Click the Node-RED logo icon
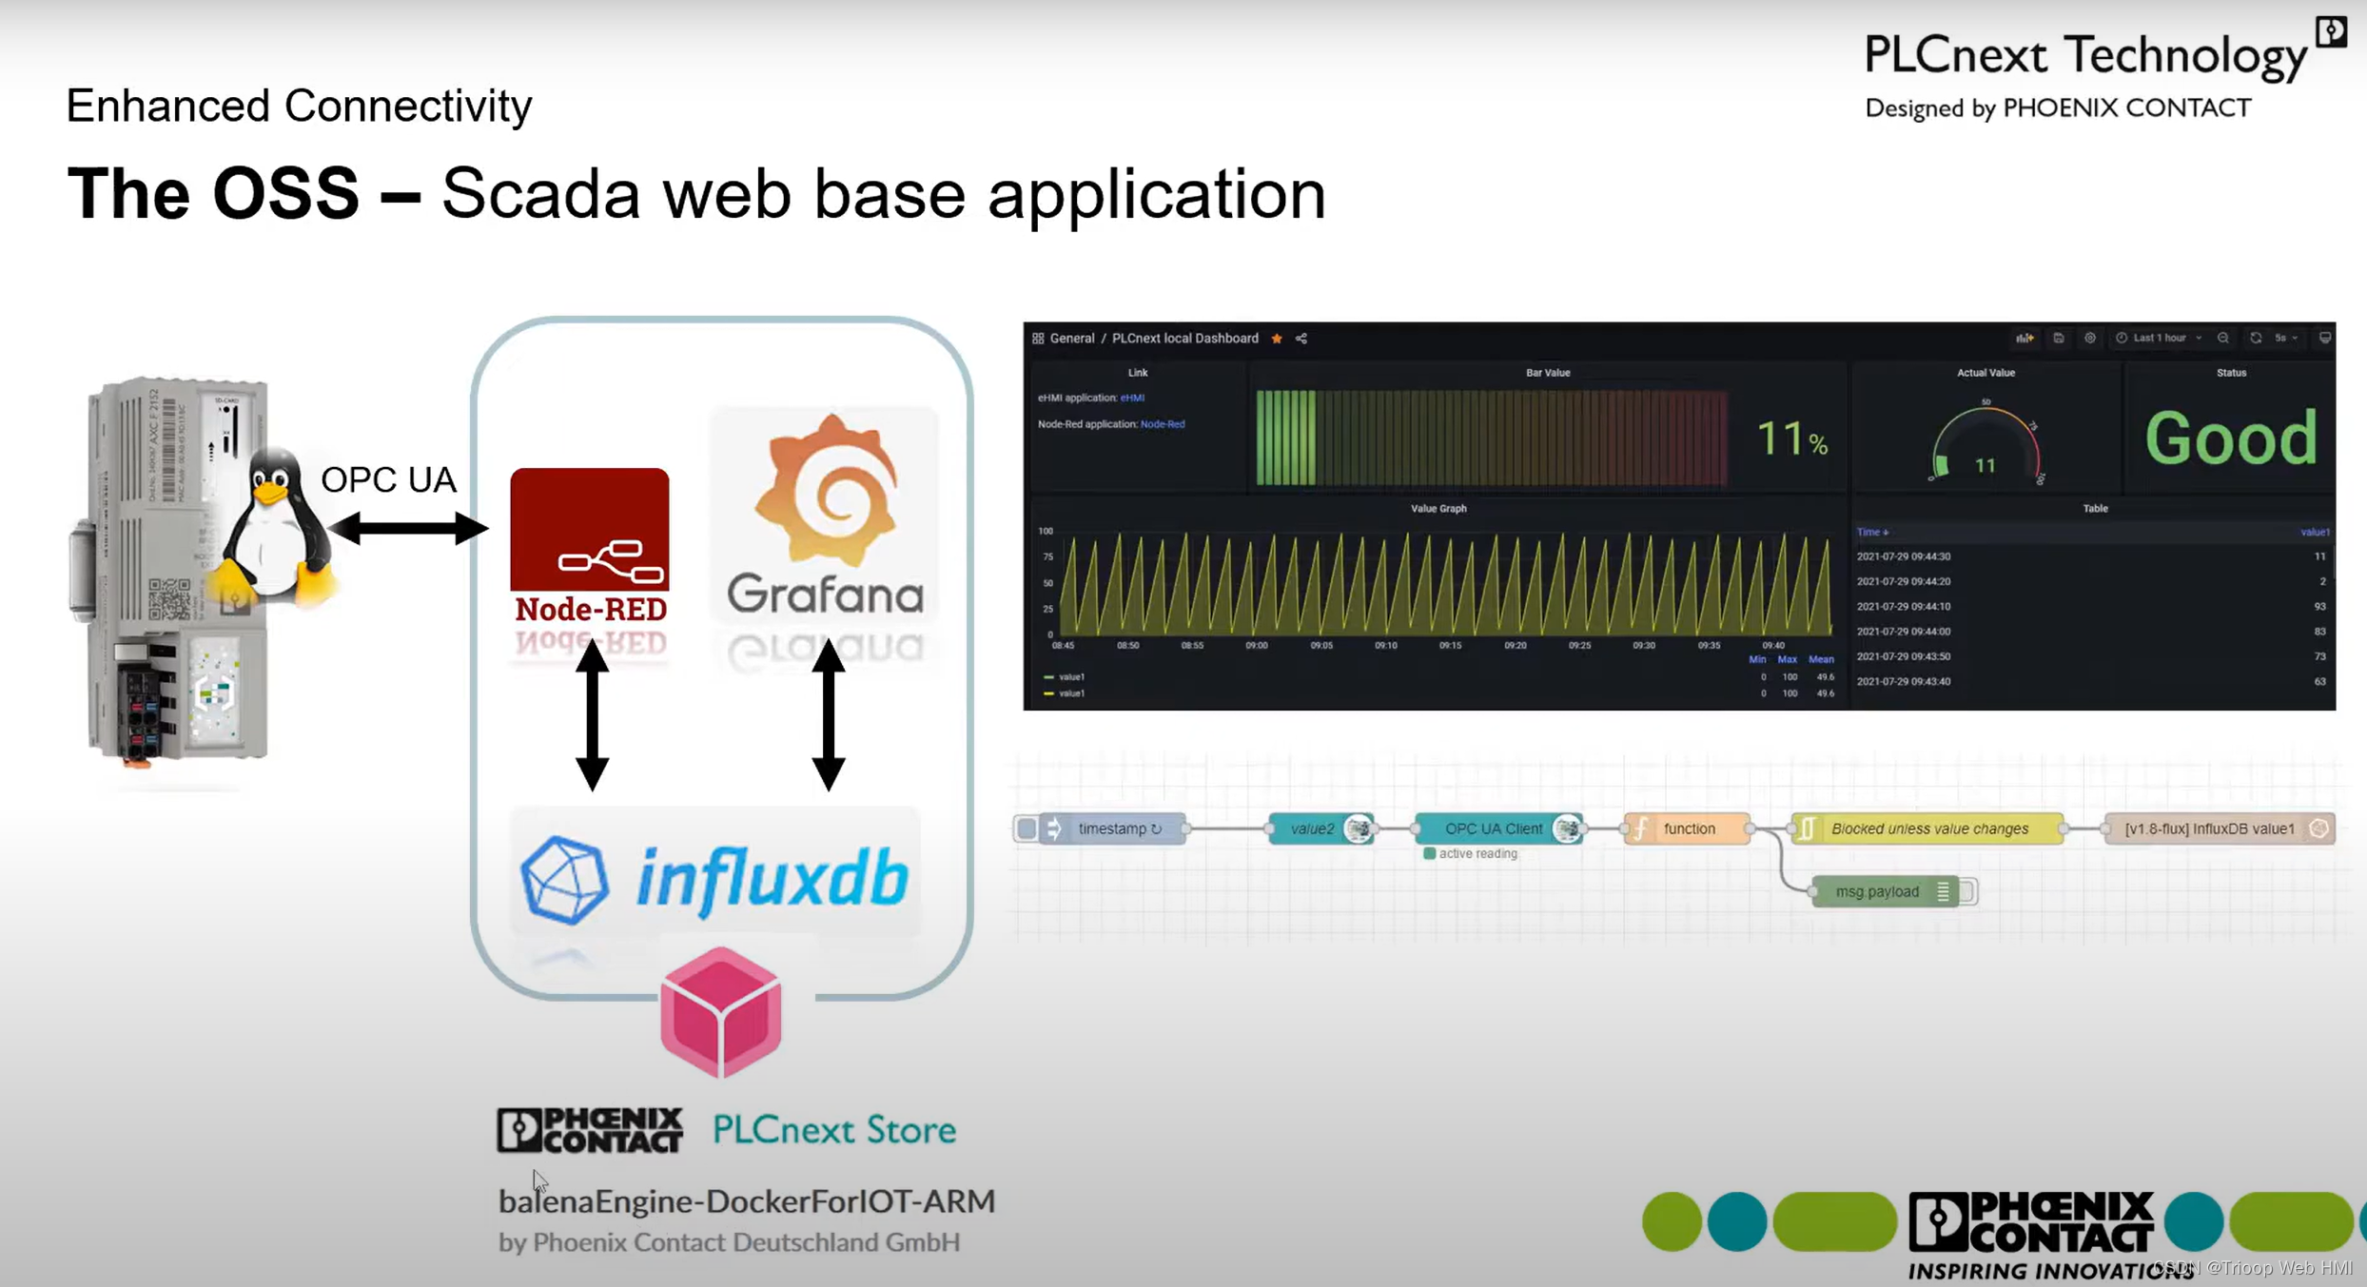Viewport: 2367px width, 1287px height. tap(589, 530)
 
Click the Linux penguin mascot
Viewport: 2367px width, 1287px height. tap(274, 527)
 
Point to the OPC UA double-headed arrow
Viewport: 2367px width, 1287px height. tap(407, 528)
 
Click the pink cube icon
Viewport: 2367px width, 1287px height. tap(720, 1012)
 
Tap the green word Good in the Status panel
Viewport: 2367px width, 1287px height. tap(2230, 439)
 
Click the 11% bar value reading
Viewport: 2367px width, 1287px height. tap(1790, 439)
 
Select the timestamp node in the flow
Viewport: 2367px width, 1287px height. tap(1111, 829)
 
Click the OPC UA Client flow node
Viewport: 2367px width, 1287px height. tap(1494, 829)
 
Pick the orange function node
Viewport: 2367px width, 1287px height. tap(1687, 829)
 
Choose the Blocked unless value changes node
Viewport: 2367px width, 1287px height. tap(1928, 829)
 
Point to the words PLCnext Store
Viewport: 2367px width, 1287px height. tap(833, 1129)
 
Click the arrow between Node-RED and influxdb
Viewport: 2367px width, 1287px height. tap(592, 714)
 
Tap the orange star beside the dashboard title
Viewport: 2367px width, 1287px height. tap(1277, 339)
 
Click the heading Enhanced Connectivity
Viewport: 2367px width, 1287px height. tap(299, 106)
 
